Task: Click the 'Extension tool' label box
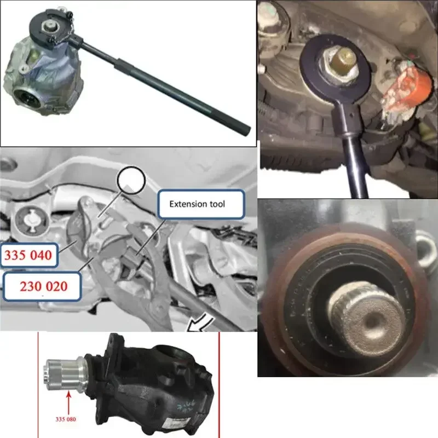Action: [x=197, y=205]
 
